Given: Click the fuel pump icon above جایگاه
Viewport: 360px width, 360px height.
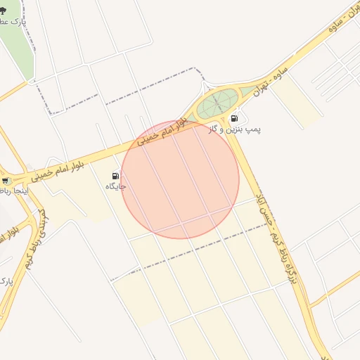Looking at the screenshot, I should [115, 176].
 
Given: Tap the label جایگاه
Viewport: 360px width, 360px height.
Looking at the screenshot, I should [115, 187].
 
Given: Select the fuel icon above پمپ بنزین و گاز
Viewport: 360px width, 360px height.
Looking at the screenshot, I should [234, 118].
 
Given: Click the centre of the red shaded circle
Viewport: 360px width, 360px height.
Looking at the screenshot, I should [180, 179].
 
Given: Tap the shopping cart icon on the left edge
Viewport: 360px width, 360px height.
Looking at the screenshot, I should [5, 181].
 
